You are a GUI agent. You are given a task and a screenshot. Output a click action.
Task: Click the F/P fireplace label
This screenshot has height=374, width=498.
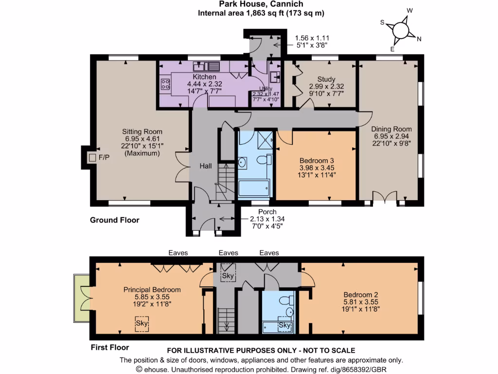(x=104, y=158)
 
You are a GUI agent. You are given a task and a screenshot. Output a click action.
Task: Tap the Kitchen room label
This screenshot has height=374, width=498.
(x=204, y=77)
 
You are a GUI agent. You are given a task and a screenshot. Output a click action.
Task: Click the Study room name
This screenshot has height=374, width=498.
(x=326, y=79)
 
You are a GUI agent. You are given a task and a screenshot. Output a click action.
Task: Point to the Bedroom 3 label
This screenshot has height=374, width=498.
(x=317, y=160)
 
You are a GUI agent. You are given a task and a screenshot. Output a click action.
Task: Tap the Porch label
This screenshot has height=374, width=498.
(x=267, y=212)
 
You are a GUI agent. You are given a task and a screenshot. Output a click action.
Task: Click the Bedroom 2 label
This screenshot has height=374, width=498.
(x=360, y=295)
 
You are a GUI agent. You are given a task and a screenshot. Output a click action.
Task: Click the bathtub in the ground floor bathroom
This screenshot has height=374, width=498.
(x=253, y=188)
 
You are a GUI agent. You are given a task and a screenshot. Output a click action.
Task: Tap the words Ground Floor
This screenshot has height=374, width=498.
(x=115, y=220)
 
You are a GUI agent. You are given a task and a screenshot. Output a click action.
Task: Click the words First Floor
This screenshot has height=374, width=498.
(x=110, y=347)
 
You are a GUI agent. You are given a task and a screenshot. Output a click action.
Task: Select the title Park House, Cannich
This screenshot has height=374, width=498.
(x=261, y=4)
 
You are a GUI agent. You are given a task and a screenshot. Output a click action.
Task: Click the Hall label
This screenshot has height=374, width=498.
(x=206, y=166)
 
